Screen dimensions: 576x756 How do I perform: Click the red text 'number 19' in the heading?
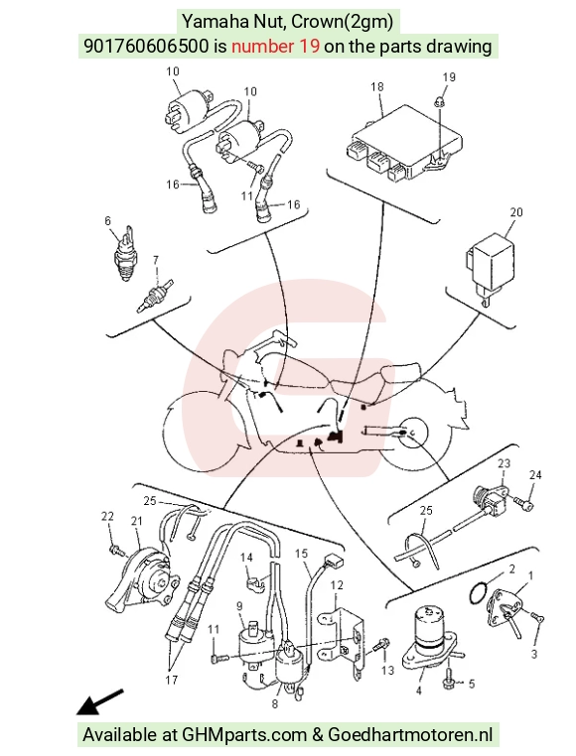[275, 47]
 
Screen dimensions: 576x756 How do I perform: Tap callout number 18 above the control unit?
[377, 86]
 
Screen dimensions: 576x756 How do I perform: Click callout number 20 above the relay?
[516, 212]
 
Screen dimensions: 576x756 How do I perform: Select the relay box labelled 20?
[489, 268]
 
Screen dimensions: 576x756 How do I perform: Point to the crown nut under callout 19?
[440, 102]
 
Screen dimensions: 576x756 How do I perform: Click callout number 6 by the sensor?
[107, 221]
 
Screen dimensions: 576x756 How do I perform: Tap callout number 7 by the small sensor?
[156, 260]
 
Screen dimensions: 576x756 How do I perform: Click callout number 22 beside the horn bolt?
[107, 516]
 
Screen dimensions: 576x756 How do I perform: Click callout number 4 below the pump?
[419, 691]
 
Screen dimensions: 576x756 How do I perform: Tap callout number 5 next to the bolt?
[472, 684]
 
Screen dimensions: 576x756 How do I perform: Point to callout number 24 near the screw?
[535, 475]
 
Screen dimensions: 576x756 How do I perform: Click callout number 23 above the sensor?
[504, 463]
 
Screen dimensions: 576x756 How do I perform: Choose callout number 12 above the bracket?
[337, 585]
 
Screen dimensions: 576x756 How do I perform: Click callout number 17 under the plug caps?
[172, 680]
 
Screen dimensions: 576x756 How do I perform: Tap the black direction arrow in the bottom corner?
[100, 701]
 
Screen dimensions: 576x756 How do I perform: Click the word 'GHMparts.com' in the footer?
[244, 735]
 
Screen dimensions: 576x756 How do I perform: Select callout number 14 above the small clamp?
[246, 558]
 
